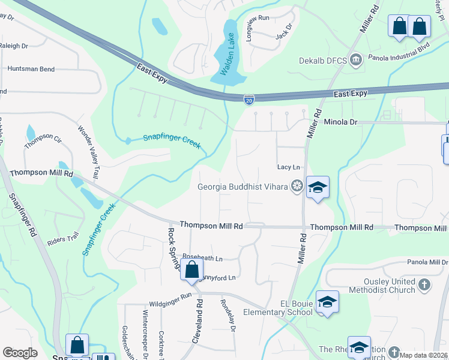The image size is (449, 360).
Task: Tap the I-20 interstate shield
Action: click(x=249, y=98)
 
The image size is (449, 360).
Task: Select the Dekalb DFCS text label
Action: click(x=323, y=60)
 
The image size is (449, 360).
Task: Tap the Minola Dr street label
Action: click(x=340, y=122)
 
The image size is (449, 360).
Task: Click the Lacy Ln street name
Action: click(x=288, y=167)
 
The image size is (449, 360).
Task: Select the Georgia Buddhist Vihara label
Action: click(x=243, y=187)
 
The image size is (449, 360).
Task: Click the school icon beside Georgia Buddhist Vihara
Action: click(x=318, y=187)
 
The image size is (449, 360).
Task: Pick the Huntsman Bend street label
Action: click(x=31, y=69)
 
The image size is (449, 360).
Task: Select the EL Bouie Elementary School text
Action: click(x=278, y=308)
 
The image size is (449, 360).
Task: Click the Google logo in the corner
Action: click(x=20, y=353)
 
